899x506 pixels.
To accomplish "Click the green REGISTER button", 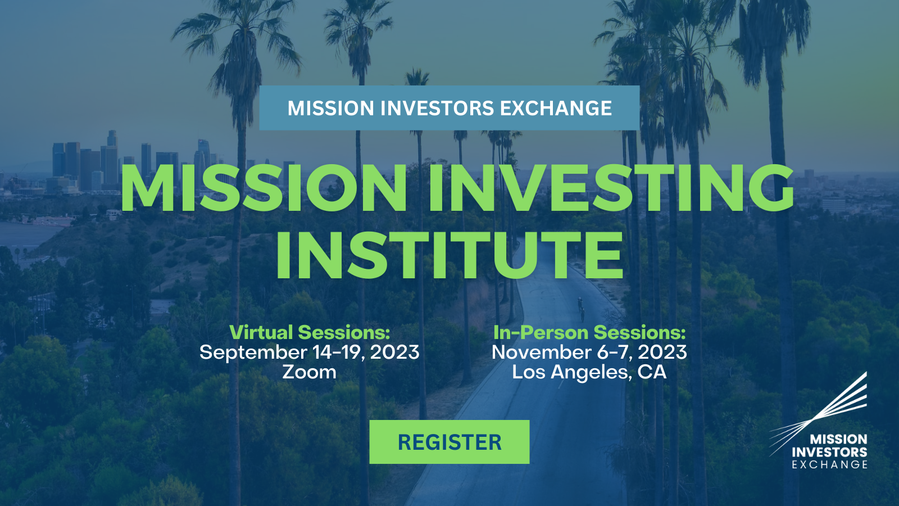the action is [449, 442].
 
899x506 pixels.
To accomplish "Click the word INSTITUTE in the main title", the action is [449, 255].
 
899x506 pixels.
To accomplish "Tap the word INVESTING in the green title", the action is [610, 187].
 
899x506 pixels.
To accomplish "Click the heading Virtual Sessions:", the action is [310, 332].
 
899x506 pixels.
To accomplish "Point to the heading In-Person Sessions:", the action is [589, 332].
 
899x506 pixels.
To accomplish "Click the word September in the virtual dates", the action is [253, 353].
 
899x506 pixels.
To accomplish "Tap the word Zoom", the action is [309, 372].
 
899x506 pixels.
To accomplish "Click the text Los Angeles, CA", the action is [589, 372].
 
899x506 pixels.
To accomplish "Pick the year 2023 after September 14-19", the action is [394, 352].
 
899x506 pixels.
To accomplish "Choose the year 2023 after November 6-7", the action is [662, 352].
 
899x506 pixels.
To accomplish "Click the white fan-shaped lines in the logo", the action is [818, 414].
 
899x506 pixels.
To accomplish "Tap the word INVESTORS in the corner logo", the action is [829, 452].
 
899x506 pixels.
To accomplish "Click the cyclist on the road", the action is [581, 309].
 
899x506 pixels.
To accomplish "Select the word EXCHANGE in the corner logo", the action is [829, 464].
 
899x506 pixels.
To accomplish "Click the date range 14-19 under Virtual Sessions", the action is [338, 352].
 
